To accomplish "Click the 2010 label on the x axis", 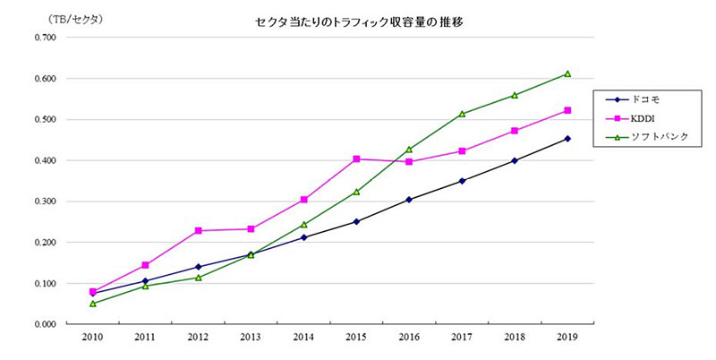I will pos(92,339).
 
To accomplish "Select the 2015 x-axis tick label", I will pos(356,339).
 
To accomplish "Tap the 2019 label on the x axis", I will pos(567,339).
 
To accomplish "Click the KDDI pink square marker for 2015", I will pos(356,159).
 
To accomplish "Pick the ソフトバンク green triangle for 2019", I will pos(567,73).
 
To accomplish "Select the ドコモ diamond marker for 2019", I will pos(567,139).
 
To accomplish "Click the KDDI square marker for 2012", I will pos(198,231).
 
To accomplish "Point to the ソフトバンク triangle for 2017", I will pos(462,114).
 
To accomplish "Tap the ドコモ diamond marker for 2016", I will pos(409,200).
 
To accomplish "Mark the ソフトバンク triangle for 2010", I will pos(92,304).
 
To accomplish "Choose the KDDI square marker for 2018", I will pos(515,131).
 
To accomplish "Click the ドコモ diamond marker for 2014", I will pos(303,237).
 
